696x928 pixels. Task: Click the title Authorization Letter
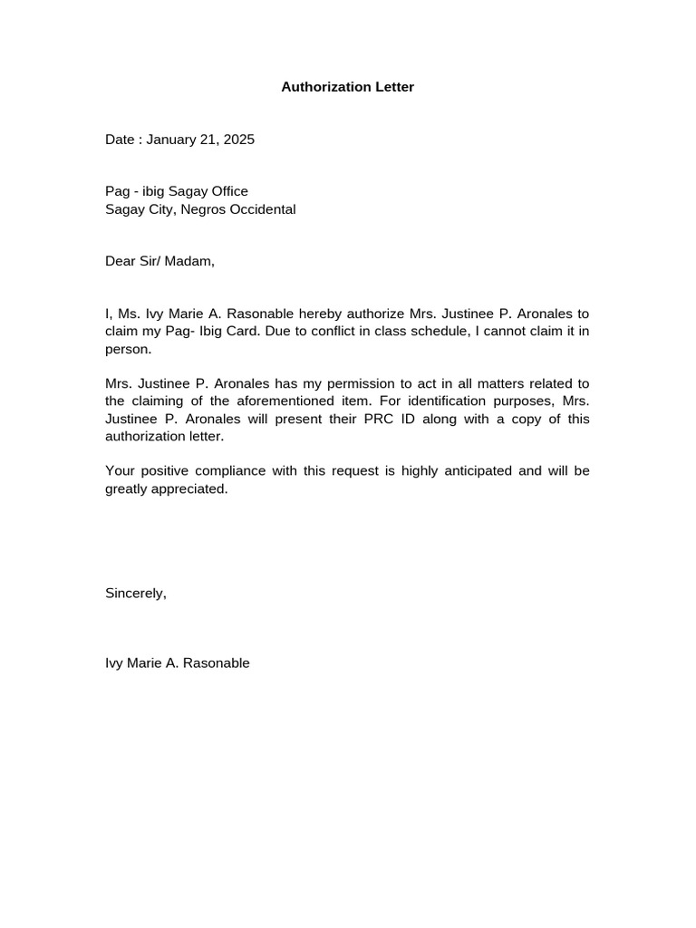click(347, 87)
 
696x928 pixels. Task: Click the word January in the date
click(171, 140)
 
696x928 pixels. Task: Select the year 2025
click(239, 140)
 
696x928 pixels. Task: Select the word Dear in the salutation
click(120, 261)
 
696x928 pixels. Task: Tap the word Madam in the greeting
click(188, 261)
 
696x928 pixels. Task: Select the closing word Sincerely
click(136, 594)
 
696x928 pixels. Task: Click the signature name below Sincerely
click(178, 663)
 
